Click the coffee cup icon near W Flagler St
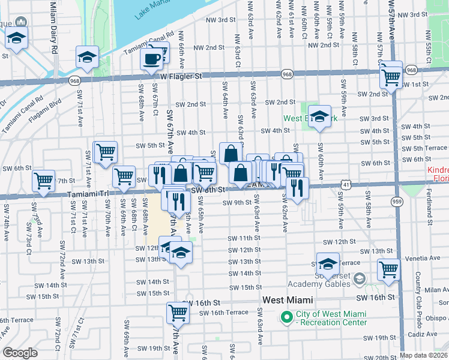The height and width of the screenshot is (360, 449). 151,59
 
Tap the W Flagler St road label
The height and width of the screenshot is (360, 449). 181,76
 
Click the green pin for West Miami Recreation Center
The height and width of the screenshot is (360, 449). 286,316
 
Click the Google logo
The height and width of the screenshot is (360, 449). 20,353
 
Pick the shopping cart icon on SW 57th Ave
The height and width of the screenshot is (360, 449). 391,77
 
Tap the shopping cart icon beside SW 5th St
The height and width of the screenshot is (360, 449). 106,152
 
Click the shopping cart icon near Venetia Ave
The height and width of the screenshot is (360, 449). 388,269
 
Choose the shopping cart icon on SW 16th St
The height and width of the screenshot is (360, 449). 178,312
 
